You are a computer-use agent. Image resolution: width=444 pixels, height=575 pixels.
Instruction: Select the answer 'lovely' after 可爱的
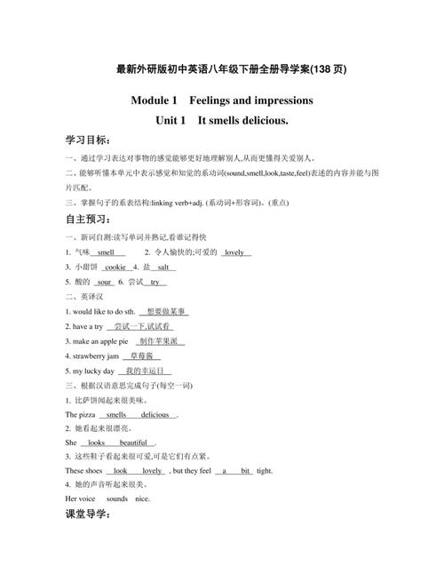[234, 252]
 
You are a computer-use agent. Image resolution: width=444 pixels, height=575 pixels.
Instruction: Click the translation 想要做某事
[166, 312]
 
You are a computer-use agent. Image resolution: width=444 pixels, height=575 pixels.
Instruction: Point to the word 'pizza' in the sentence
[87, 414]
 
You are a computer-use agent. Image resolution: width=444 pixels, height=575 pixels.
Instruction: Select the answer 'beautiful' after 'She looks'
[133, 443]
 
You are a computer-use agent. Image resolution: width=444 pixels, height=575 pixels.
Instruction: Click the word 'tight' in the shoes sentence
[265, 470]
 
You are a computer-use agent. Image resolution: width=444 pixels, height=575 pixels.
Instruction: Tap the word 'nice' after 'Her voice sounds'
[142, 499]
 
